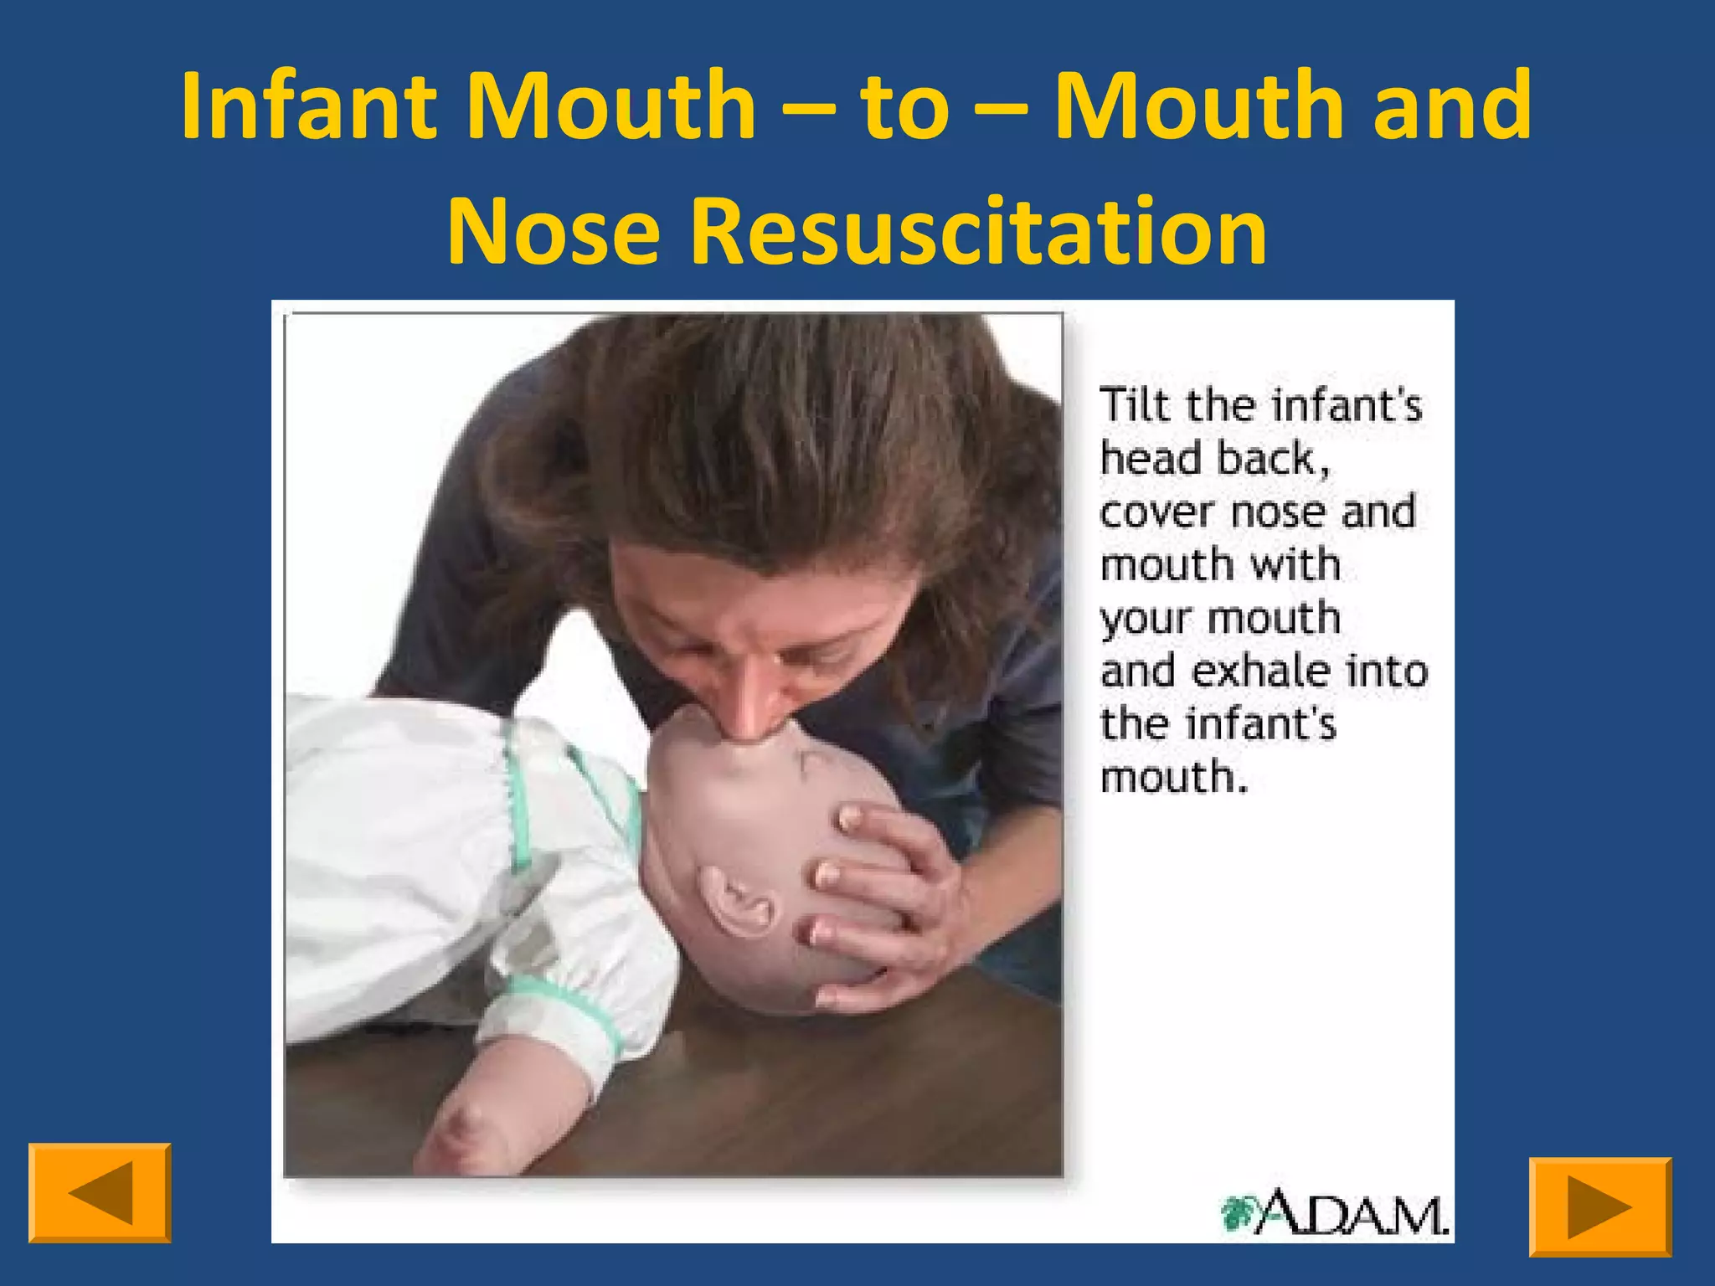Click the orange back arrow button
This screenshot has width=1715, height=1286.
click(100, 1192)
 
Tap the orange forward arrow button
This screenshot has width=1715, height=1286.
click(1599, 1206)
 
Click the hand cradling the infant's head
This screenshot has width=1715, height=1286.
click(888, 904)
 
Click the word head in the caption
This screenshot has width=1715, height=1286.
click(1151, 459)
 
